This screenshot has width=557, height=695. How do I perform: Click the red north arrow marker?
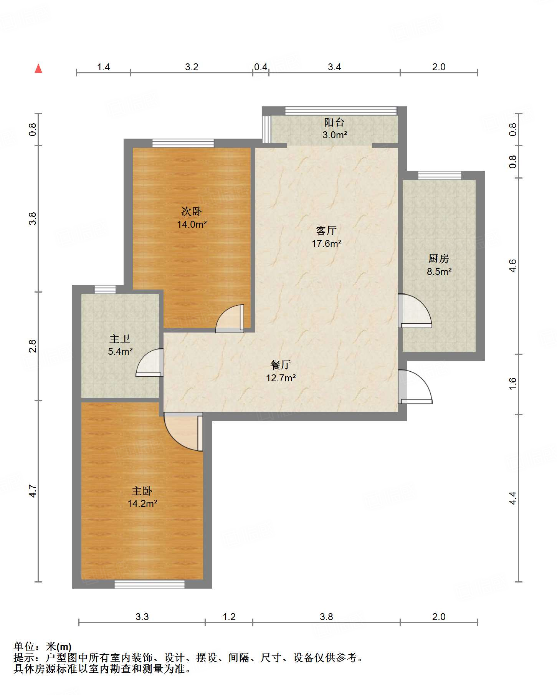pyautogui.click(x=38, y=68)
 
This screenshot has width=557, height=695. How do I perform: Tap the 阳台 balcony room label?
pyautogui.click(x=334, y=122)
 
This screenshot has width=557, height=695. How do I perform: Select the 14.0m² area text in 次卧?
pyautogui.click(x=192, y=224)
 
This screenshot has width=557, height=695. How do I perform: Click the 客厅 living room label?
pyautogui.click(x=326, y=230)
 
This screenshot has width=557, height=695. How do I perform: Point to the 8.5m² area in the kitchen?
pyautogui.click(x=439, y=271)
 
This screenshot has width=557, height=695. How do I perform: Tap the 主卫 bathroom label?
pyautogui.click(x=120, y=339)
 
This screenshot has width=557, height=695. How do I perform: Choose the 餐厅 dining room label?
pyautogui.click(x=281, y=365)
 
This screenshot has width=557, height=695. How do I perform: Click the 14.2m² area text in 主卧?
pyautogui.click(x=142, y=503)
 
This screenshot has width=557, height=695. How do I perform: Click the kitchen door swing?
pyautogui.click(x=415, y=311)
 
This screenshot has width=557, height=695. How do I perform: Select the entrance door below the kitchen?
pyautogui.click(x=415, y=387)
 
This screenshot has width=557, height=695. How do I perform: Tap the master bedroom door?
pyautogui.click(x=183, y=432)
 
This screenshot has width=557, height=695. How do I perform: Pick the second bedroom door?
pyautogui.click(x=230, y=318)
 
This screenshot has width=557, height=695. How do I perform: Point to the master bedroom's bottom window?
pyautogui.click(x=150, y=584)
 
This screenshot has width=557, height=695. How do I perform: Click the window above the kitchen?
pyautogui.click(x=440, y=175)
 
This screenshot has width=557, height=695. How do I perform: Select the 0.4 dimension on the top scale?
pyautogui.click(x=261, y=67)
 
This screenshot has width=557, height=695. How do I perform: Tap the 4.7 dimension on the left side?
pyautogui.click(x=33, y=491)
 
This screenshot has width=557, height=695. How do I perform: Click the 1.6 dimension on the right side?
pyautogui.click(x=513, y=384)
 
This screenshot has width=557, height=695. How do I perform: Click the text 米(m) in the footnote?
pyautogui.click(x=59, y=647)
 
